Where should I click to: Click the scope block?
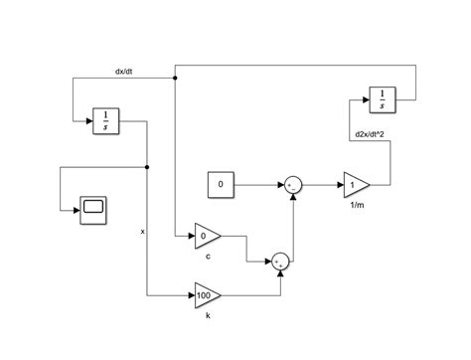click(x=95, y=208)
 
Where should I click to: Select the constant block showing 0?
click(x=222, y=185)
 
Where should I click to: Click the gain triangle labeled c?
click(x=207, y=237)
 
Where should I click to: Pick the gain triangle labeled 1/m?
click(x=355, y=185)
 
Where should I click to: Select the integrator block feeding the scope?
click(x=105, y=120)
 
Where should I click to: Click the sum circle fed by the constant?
click(x=293, y=185)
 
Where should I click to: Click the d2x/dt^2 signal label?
click(x=372, y=134)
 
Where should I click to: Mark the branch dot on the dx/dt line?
click(x=175, y=78)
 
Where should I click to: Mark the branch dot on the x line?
click(x=147, y=167)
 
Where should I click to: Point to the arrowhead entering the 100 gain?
click(x=191, y=295)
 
